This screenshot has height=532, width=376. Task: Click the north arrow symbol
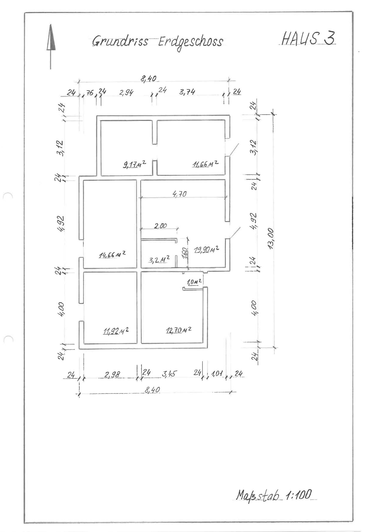[51, 46]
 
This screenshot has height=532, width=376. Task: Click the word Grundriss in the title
[120, 41]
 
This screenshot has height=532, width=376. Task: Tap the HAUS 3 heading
[308, 38]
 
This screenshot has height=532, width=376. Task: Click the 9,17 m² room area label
[135, 164]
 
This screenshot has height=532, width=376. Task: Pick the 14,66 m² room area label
[113, 255]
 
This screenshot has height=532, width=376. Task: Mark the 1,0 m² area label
[194, 282]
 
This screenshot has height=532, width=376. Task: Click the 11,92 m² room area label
[116, 331]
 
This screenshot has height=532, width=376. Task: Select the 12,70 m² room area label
[178, 330]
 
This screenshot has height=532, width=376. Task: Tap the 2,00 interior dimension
[160, 225]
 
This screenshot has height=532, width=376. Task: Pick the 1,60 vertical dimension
[184, 253]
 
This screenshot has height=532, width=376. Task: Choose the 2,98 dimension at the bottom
[112, 375]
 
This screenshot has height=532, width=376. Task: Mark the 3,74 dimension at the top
[187, 92]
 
